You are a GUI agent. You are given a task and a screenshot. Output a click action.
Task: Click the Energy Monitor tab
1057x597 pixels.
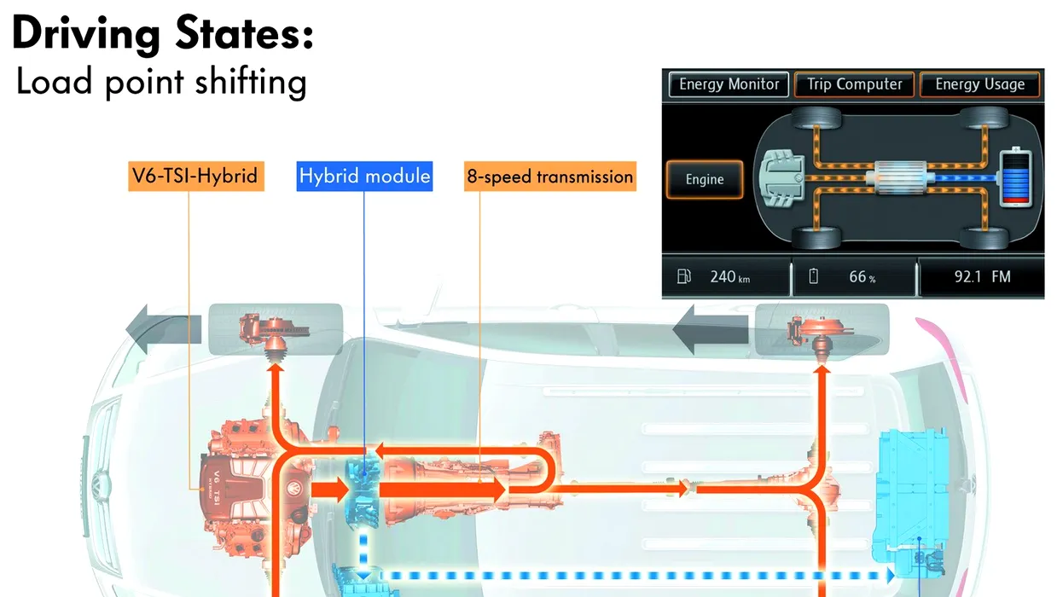[729, 84]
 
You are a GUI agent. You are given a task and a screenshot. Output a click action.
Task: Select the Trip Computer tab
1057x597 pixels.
[854, 84]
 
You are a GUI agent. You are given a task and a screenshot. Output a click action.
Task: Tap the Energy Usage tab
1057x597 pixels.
[979, 84]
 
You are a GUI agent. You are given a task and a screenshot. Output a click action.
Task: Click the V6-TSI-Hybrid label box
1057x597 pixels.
[196, 177]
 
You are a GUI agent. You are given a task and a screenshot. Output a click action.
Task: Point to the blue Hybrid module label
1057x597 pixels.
[364, 177]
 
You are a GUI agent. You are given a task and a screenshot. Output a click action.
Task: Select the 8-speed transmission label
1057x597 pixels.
[550, 177]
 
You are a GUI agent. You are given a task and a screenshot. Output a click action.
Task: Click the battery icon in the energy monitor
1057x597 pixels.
[1016, 177]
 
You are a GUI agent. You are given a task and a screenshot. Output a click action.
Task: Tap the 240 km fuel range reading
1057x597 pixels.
[729, 277]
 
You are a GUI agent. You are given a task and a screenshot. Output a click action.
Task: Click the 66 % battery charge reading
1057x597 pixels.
[862, 277]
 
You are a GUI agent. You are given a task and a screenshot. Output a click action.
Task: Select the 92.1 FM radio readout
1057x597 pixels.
[983, 277]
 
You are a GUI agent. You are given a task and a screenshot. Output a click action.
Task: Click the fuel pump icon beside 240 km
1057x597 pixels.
[683, 276]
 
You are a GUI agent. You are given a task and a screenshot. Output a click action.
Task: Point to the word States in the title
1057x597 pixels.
[245, 33]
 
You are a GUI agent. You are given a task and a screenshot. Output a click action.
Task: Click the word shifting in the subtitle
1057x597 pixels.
[251, 83]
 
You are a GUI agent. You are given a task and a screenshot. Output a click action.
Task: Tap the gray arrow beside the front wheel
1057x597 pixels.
[163, 329]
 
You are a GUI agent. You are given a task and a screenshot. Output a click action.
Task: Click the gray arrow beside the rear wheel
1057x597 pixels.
[710, 329]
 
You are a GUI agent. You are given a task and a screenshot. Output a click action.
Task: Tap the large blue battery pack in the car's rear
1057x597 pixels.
[911, 501]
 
